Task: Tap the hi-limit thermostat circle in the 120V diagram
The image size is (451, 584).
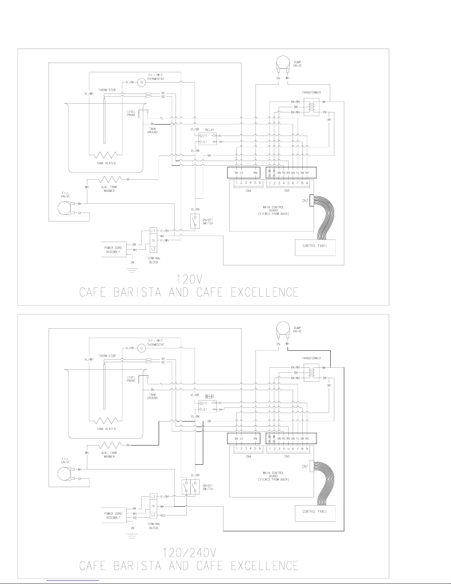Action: tap(141, 83)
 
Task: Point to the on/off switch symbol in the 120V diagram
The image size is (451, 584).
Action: tap(195, 221)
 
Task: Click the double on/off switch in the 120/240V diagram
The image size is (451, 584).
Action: tap(190, 486)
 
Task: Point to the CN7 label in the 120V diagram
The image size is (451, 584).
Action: tap(305, 201)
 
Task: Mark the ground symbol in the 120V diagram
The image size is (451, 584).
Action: tap(132, 270)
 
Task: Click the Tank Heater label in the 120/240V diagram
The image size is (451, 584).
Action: tap(106, 429)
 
